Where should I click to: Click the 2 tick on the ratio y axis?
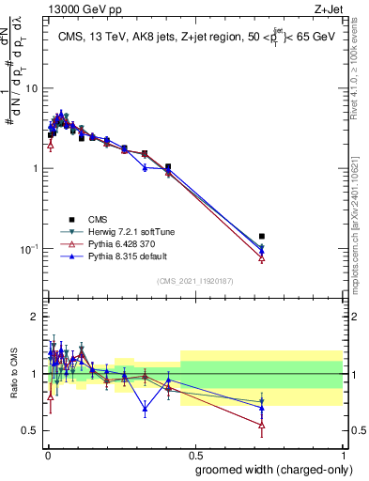tap(35, 317)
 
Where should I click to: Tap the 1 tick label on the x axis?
tap(342, 454)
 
